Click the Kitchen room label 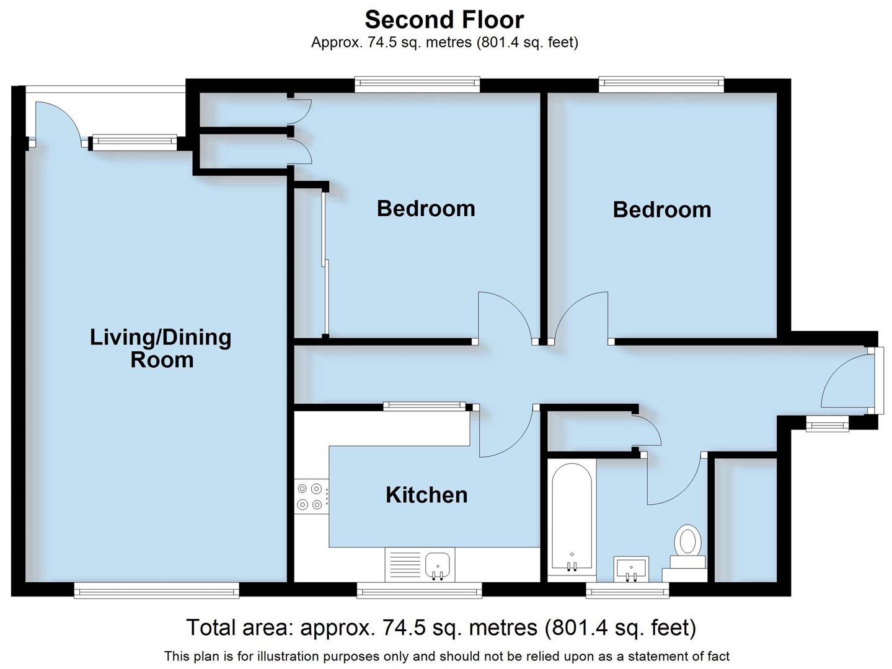[426, 495]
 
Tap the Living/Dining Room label [161, 348]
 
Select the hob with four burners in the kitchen [311, 496]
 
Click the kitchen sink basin [438, 565]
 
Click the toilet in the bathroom [687, 542]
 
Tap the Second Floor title [444, 20]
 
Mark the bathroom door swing [674, 480]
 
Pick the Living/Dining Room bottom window [156, 590]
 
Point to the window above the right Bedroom [661, 83]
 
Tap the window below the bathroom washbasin [627, 590]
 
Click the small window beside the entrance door [827, 424]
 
